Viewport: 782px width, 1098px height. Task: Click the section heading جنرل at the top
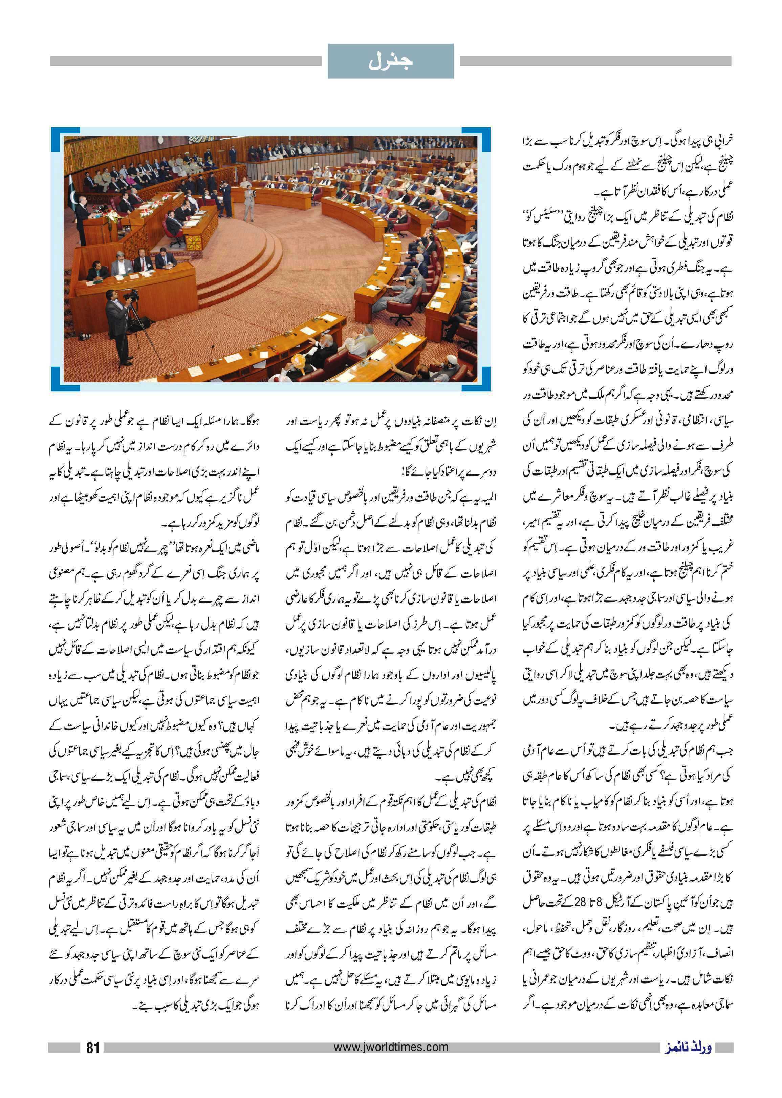coord(391,62)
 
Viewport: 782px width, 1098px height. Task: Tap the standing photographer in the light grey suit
coord(248,202)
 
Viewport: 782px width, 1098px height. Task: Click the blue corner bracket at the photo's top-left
coord(61,137)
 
